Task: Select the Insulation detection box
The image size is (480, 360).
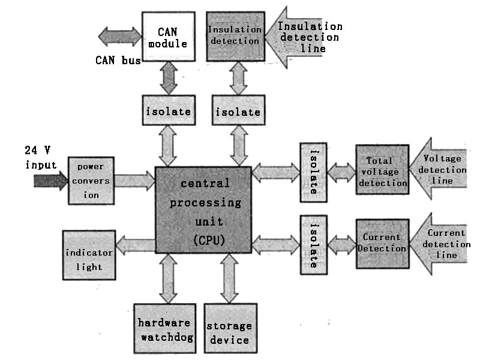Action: tap(235, 36)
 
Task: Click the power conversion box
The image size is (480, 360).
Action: tap(90, 181)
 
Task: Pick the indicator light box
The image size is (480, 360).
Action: tap(89, 255)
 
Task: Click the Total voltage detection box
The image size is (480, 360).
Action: tap(383, 169)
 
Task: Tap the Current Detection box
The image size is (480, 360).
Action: tap(383, 243)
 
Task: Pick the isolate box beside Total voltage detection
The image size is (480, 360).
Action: tap(313, 172)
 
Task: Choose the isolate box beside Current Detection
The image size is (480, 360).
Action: tap(313, 245)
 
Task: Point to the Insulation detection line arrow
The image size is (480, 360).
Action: tap(300, 36)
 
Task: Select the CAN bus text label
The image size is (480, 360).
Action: tap(117, 59)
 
